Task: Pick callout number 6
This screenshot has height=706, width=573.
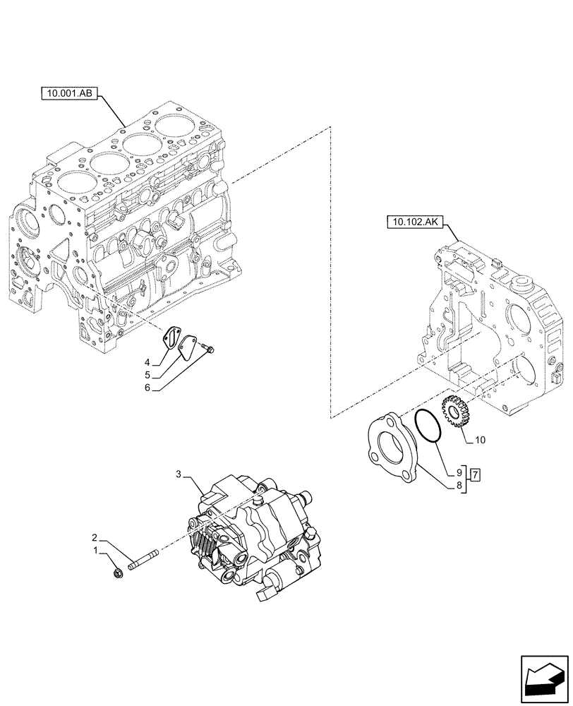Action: tap(458, 486)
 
